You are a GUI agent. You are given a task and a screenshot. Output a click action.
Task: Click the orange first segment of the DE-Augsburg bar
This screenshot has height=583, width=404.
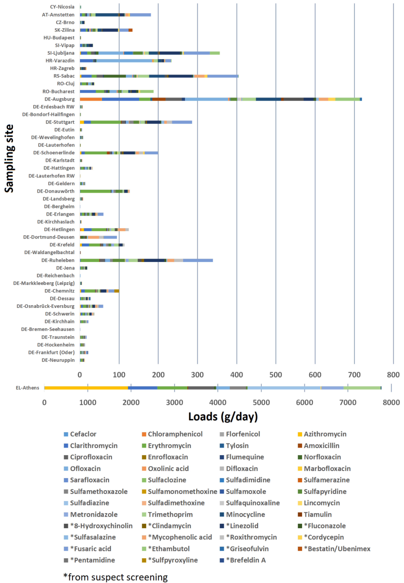(91, 99)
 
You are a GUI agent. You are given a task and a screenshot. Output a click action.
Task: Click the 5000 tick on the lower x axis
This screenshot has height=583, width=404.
(261, 402)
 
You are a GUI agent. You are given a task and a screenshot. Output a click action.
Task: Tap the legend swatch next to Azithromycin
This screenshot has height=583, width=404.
(300, 434)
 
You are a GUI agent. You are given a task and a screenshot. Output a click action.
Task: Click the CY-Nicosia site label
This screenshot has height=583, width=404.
(62, 7)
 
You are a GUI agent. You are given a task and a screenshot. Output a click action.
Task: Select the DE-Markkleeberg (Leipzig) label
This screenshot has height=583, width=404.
(44, 283)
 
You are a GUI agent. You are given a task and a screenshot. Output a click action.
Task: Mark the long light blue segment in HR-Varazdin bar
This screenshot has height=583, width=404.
(124, 61)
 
